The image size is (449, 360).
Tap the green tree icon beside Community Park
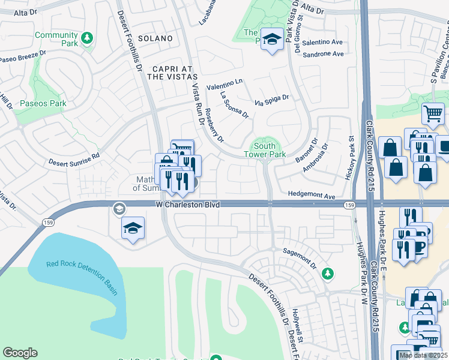[x=87, y=37]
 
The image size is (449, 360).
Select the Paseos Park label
[x=42, y=103]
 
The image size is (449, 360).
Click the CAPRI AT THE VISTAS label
[x=172, y=73]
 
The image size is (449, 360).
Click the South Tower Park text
[x=265, y=150]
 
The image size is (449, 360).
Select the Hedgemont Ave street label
[x=311, y=196]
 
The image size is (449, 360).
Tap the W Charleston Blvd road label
[x=187, y=205]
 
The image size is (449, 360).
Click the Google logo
[x=20, y=353]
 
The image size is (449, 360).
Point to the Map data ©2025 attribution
[x=423, y=355]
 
